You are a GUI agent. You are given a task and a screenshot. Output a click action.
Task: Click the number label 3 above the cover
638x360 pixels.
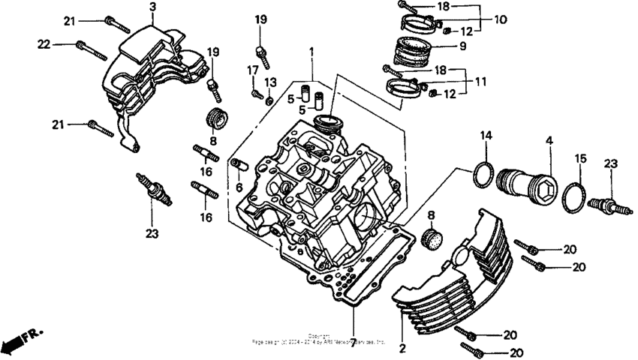tap(152, 7)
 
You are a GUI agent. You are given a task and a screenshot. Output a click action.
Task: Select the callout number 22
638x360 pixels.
tap(45, 44)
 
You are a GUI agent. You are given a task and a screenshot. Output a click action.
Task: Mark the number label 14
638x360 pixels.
tap(486, 136)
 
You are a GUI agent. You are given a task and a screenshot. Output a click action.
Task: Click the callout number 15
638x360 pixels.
tap(579, 159)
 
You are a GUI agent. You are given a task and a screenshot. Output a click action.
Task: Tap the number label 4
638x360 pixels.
tap(549, 139)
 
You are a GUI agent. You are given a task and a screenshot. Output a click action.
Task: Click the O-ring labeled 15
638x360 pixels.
tap(576, 194)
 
